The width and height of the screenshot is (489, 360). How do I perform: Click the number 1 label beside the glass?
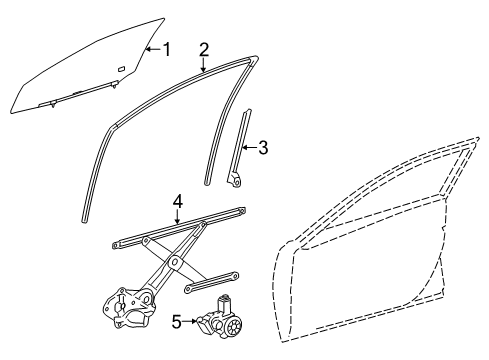tap(168, 47)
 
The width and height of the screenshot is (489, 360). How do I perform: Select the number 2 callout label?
tap(204, 49)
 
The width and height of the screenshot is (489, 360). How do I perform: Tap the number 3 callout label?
tap(263, 147)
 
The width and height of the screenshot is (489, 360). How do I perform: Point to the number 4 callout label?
tap(176, 203)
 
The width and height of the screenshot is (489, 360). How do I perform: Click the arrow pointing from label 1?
tap(152, 47)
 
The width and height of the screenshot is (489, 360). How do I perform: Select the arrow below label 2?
tap(204, 65)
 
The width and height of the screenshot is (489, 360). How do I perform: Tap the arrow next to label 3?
tap(249, 147)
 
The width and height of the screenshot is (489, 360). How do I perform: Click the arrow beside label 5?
tap(191, 320)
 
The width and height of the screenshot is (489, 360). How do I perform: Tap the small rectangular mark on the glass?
tap(119, 68)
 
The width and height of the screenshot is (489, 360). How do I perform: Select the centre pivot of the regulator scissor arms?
tap(175, 262)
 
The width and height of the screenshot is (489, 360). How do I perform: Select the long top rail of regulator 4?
tap(180, 229)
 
